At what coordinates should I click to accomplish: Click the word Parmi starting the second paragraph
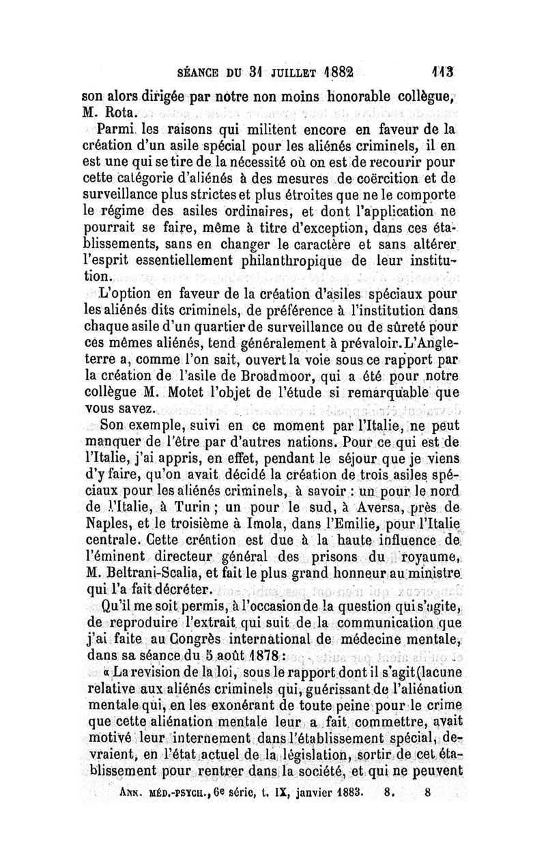tap(117, 129)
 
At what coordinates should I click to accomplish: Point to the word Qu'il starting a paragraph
tap(119, 606)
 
